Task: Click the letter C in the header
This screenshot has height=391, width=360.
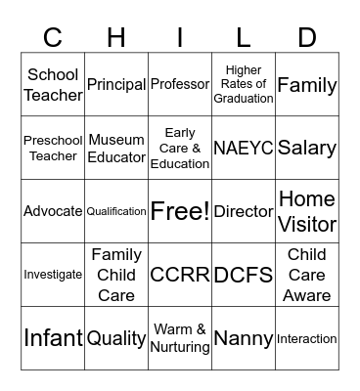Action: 53,37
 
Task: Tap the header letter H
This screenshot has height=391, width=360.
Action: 116,37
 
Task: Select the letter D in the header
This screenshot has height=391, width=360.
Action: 307,37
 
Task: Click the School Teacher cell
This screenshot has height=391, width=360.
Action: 53,85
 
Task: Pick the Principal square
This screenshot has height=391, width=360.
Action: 116,85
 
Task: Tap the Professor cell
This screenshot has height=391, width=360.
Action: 180,85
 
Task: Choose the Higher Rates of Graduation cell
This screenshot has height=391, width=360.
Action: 244,85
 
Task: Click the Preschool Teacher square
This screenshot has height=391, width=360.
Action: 53,149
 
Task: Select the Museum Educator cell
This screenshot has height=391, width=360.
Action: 116,149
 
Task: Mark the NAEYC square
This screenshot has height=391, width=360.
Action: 244,149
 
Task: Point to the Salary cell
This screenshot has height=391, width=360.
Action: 307,149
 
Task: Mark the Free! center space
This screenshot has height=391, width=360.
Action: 180,211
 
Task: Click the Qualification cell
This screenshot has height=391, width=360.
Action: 116,211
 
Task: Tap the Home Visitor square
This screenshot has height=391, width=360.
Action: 307,211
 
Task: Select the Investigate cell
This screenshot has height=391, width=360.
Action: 53,275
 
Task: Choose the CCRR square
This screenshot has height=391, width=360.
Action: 180,275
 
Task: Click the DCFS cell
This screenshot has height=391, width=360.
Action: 244,275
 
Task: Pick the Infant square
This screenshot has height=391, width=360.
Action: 53,338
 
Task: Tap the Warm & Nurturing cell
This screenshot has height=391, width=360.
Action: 180,338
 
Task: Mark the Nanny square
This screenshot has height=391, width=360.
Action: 244,338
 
